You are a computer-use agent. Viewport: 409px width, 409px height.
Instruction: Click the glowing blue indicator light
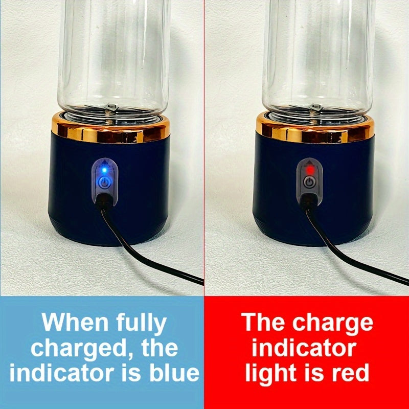coord(104,170)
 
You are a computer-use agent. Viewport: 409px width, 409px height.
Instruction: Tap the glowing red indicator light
coord(310,170)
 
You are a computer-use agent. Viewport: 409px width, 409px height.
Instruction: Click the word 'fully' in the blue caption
coord(141,324)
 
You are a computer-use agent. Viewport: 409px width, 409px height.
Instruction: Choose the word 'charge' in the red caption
coord(333,324)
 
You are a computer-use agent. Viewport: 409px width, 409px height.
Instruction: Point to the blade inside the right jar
coord(315,108)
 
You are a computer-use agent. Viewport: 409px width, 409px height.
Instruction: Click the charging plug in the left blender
coord(104,201)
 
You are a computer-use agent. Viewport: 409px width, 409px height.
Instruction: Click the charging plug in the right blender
coord(308,201)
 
